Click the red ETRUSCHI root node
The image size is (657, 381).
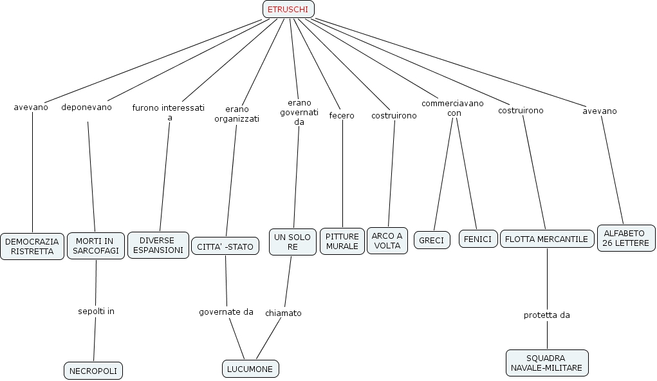(x=288, y=9)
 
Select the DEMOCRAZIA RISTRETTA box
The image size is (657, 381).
(x=32, y=246)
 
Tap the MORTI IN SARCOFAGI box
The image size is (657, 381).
(x=95, y=246)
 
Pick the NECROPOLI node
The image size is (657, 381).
(x=93, y=371)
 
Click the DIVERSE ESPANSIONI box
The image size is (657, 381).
(x=158, y=245)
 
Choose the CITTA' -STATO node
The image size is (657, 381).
(x=225, y=246)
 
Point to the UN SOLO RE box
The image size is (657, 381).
(x=293, y=242)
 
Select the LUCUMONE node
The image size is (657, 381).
(x=250, y=369)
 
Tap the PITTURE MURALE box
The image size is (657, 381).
(x=342, y=241)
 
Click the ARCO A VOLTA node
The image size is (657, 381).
(x=387, y=241)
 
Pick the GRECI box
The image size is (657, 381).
(x=432, y=240)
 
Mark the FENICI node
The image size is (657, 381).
(x=478, y=239)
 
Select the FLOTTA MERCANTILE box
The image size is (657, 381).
(x=547, y=239)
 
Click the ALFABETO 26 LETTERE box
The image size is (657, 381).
(x=626, y=238)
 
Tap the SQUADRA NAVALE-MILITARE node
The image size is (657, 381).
(x=547, y=363)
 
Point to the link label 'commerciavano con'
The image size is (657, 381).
(x=453, y=107)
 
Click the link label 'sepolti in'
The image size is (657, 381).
(x=96, y=311)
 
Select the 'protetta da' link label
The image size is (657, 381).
(x=547, y=315)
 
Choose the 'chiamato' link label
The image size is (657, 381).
(x=283, y=313)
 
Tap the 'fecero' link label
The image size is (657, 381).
(x=342, y=115)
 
